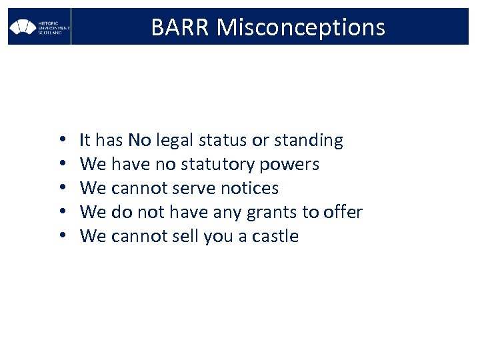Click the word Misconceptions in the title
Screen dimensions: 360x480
(301, 27)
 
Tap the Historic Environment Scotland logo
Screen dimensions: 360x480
(39, 27)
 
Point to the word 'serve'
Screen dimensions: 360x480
(195, 189)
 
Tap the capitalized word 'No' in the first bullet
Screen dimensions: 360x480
(140, 141)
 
